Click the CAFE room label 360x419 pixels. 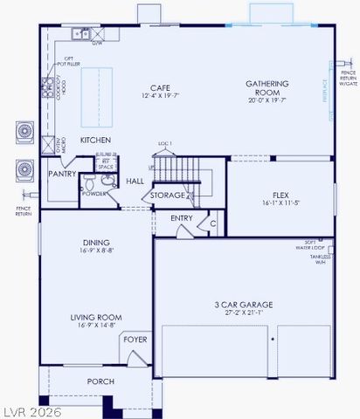pyautogui.click(x=159, y=87)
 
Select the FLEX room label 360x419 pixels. pyautogui.click(x=280, y=195)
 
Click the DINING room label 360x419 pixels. pyautogui.click(x=96, y=244)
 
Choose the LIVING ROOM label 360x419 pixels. pyautogui.click(x=96, y=318)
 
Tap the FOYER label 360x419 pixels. pyautogui.click(x=135, y=340)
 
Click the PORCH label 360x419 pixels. pyautogui.click(x=100, y=381)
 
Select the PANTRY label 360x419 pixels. pyautogui.click(x=60, y=175)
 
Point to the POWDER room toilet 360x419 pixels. pyautogui.click(x=107, y=180)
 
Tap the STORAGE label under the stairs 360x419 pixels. pyautogui.click(x=168, y=195)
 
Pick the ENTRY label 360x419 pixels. pyautogui.click(x=182, y=218)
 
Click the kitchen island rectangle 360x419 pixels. pyautogui.click(x=93, y=97)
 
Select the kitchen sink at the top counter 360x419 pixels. pyautogui.click(x=80, y=34)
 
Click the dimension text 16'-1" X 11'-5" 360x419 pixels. pyautogui.click(x=280, y=203)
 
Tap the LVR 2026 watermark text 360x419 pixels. pyautogui.click(x=32, y=409)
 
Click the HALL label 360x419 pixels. pyautogui.click(x=135, y=181)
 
